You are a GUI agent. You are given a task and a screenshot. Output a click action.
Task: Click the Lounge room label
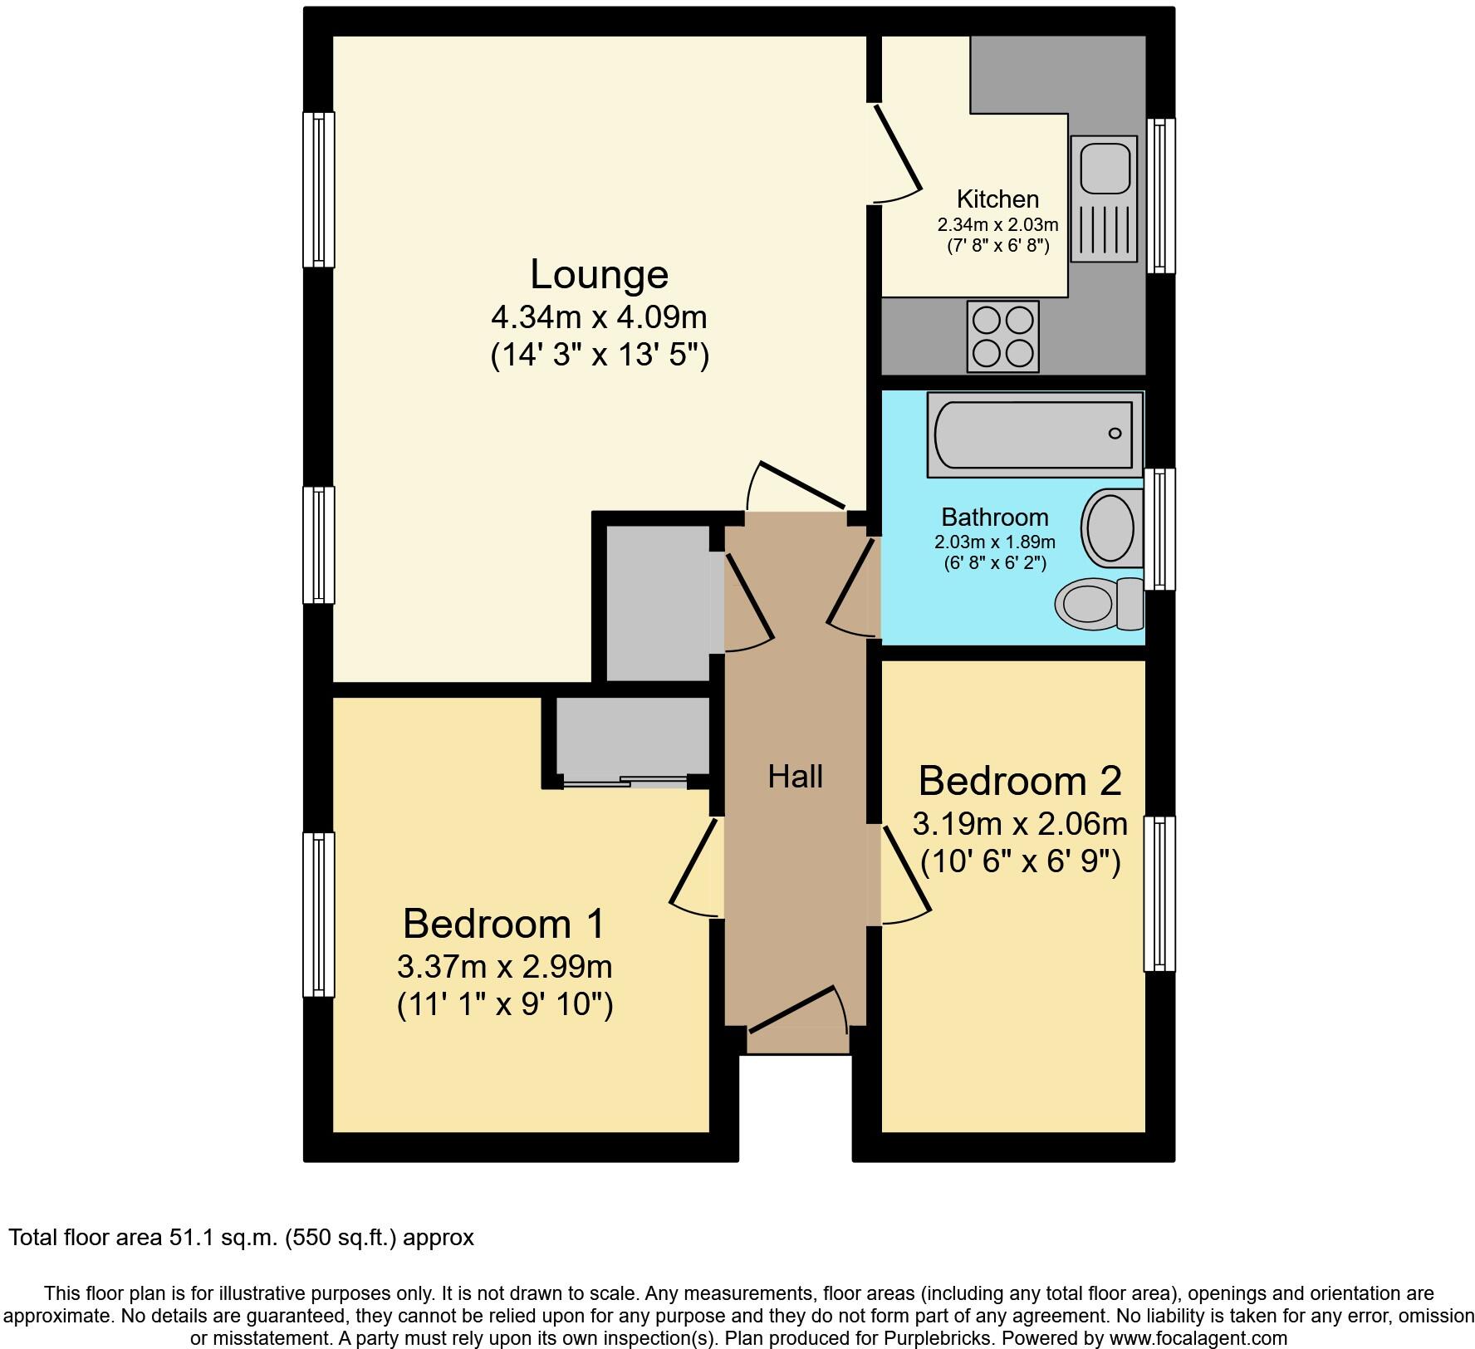point(599,275)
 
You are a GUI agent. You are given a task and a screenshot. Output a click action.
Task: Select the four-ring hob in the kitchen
point(1002,336)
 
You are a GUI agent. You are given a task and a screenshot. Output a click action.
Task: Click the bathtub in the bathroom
point(1033,434)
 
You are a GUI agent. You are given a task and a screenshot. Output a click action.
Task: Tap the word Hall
point(795,777)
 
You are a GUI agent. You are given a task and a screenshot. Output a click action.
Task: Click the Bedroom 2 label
point(1020,781)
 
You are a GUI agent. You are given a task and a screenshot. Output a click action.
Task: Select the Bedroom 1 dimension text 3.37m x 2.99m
point(505,967)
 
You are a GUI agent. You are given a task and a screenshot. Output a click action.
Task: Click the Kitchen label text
point(997,199)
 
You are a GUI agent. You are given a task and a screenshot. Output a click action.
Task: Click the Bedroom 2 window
point(1159,893)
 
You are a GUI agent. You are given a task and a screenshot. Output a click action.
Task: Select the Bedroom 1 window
point(318,914)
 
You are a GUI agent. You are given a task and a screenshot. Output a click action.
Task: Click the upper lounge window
point(318,189)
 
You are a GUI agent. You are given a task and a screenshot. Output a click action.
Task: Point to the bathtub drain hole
point(1115,433)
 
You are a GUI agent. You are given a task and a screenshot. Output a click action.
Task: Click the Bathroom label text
point(994,518)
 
